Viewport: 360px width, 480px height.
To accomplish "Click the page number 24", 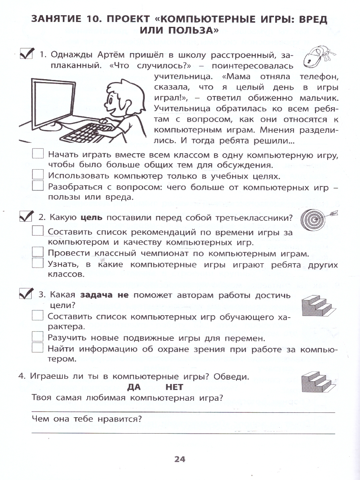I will click(x=180, y=459).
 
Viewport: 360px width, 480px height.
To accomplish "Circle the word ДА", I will click(x=135, y=387).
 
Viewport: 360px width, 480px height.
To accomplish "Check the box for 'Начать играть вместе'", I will click(x=38, y=154).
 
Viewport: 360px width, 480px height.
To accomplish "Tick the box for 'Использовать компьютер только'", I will click(x=38, y=175).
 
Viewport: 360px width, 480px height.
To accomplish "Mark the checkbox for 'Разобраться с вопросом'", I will click(x=38, y=186).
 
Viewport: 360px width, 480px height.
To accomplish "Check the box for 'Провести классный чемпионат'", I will click(x=38, y=253).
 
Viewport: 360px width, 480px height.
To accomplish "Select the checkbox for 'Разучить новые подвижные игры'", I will click(x=38, y=337).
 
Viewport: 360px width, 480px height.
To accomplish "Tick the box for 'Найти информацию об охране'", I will click(x=38, y=348).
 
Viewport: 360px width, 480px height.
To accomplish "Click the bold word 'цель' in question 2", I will click(x=92, y=218).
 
